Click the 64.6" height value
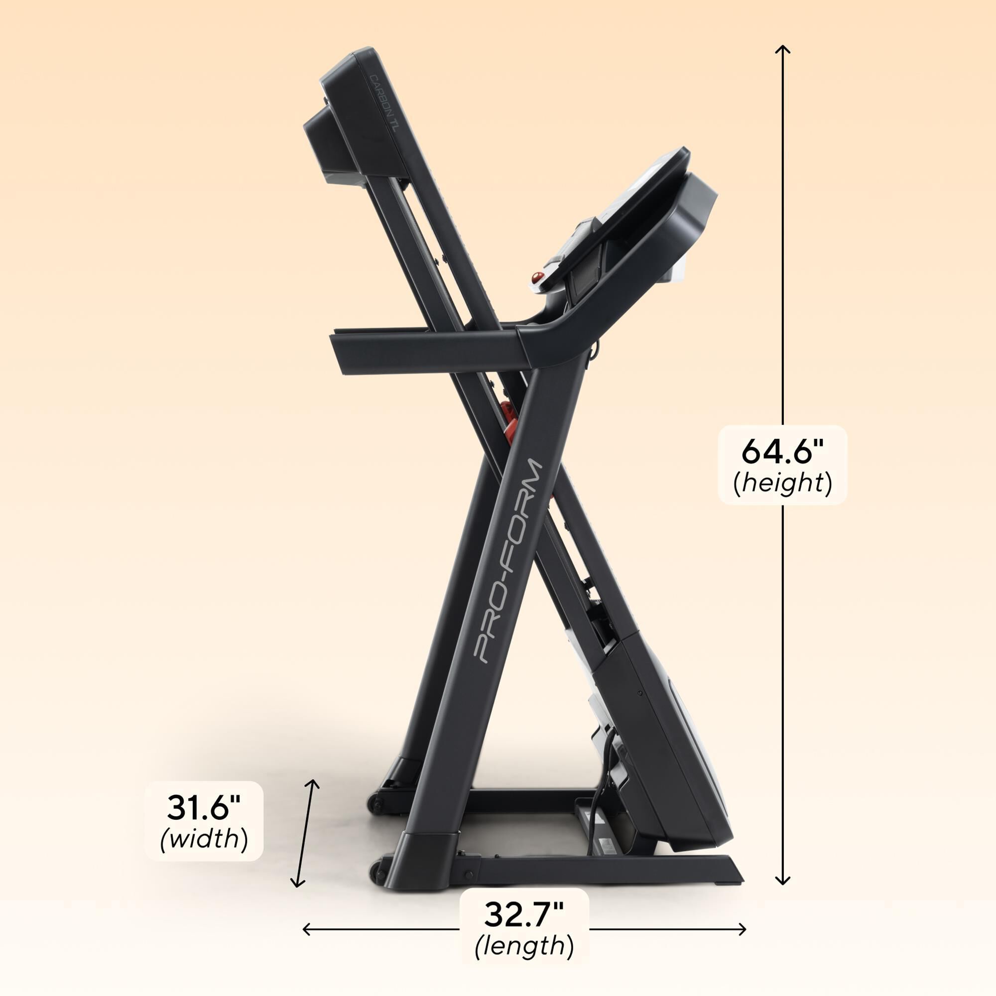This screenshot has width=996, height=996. (782, 451)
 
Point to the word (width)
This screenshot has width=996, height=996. (204, 839)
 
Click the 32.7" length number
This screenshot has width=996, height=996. (524, 914)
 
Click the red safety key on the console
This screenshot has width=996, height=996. (538, 278)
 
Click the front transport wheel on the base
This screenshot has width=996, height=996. (378, 871)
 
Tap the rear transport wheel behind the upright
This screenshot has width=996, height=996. (374, 805)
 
